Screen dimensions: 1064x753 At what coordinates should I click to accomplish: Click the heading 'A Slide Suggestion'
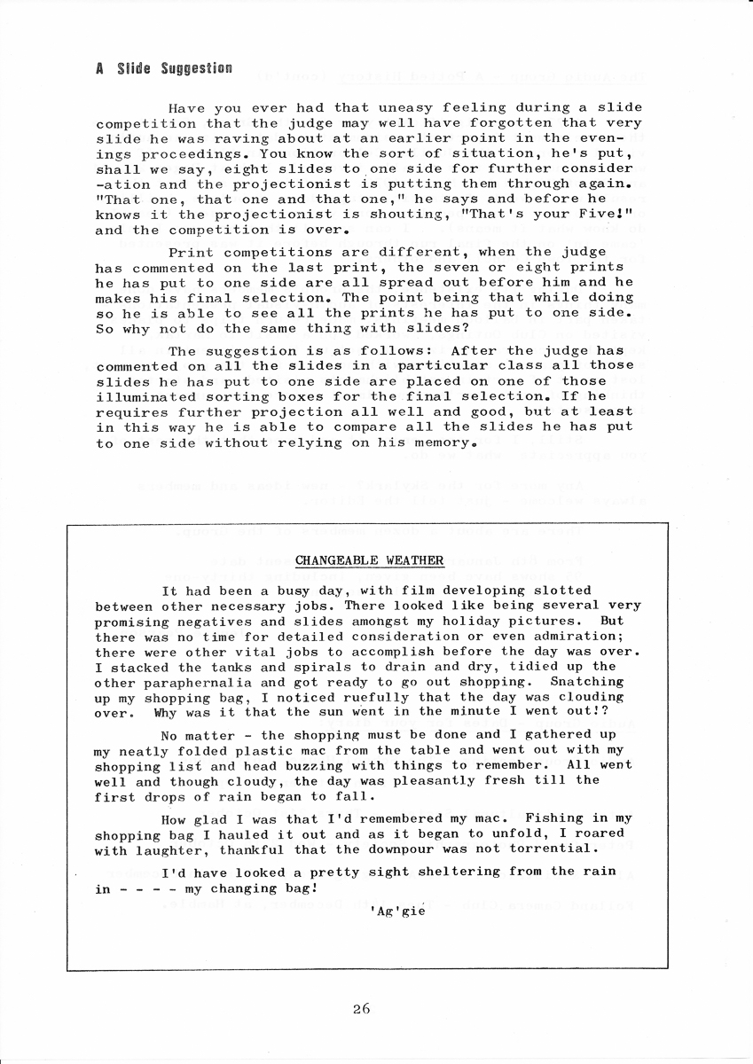point(164,68)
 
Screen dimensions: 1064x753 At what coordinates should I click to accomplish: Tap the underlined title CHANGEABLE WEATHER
point(369,560)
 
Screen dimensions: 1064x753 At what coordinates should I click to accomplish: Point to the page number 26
point(360,1008)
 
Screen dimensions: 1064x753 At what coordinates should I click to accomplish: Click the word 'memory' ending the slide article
point(433,442)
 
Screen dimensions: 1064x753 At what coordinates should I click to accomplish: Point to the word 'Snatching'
point(587,682)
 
